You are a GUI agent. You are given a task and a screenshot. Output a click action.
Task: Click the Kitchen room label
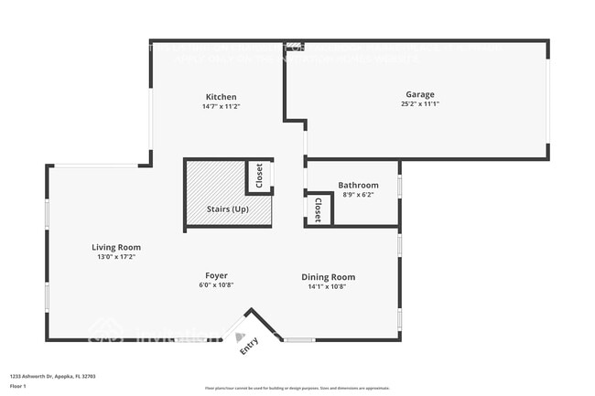(x=221, y=97)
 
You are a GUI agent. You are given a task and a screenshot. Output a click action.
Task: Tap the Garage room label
(x=420, y=94)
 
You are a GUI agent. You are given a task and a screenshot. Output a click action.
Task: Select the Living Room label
(x=116, y=247)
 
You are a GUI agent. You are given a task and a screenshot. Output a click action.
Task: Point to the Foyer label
(x=216, y=275)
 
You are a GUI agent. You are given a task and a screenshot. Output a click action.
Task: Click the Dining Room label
(x=329, y=277)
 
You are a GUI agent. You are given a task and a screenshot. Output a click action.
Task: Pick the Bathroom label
(x=358, y=185)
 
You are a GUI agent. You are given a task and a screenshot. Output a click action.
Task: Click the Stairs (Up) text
(x=228, y=209)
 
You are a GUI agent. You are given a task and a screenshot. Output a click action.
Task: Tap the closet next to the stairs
(x=259, y=177)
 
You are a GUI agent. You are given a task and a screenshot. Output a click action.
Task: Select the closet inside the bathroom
(x=319, y=210)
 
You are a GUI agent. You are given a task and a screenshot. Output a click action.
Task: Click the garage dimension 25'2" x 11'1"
(x=420, y=104)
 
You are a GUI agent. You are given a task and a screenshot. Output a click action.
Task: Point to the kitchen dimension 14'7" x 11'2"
(x=221, y=107)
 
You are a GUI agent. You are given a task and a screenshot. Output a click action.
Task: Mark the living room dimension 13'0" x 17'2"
(x=116, y=257)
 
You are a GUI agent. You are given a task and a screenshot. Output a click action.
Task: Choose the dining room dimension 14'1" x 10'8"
(x=329, y=287)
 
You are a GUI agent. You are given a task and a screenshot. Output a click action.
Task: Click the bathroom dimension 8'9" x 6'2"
(x=358, y=195)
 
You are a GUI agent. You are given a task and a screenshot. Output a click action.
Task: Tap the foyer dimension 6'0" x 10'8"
(x=216, y=285)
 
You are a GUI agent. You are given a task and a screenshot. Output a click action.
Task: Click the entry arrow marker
(x=241, y=337)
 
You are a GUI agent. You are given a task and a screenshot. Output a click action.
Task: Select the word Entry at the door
(x=249, y=347)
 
